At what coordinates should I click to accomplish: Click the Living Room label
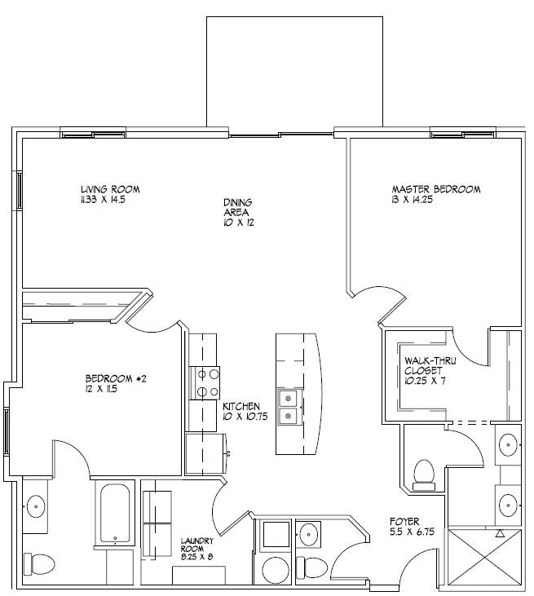click(x=110, y=189)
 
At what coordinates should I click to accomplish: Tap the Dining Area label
click(x=237, y=207)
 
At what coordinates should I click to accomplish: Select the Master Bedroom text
click(x=436, y=189)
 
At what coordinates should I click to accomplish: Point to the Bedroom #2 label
click(x=116, y=378)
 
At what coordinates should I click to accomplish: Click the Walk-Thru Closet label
click(x=430, y=365)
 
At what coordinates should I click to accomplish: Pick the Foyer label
click(x=404, y=522)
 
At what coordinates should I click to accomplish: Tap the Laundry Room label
click(x=196, y=545)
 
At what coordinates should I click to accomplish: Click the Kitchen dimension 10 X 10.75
click(x=245, y=417)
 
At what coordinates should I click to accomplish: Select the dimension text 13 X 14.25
click(x=412, y=200)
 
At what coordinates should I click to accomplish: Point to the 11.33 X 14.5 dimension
click(x=103, y=200)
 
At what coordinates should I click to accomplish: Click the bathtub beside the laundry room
click(x=115, y=513)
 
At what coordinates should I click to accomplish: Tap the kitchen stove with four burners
click(x=205, y=382)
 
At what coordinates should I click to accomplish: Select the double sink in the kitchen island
click(x=289, y=407)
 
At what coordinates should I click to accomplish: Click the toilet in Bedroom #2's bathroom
click(x=39, y=564)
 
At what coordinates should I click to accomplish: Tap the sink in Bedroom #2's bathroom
click(x=36, y=506)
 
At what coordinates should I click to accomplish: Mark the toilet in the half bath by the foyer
click(x=311, y=567)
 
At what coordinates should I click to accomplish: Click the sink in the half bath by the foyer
click(x=309, y=535)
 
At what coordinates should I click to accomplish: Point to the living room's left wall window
click(x=19, y=190)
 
